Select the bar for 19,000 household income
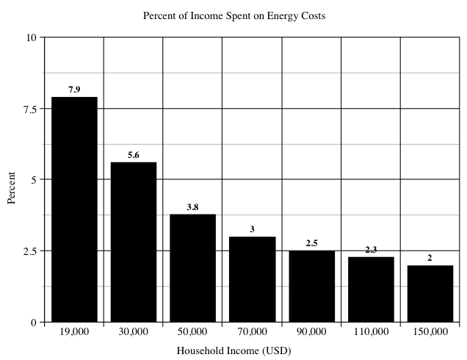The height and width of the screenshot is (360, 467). [74, 209]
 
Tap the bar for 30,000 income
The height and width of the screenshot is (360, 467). [134, 242]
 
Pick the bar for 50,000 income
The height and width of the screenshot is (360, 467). [192, 267]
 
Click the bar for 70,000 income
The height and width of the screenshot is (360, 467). [252, 279]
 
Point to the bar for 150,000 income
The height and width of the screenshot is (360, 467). [430, 293]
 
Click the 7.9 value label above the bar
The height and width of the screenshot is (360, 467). [74, 90]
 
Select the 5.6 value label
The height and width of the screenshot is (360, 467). [134, 155]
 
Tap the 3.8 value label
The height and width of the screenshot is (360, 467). [192, 207]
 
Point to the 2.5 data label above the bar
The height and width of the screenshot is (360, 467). [311, 243]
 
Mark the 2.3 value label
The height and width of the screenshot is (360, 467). [371, 250]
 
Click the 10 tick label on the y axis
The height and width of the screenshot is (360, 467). [32, 37]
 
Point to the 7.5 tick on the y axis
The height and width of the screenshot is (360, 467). [29, 109]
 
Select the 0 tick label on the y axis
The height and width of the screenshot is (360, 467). [34, 322]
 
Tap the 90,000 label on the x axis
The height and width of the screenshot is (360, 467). [311, 332]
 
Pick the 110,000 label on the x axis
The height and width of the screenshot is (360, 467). [371, 332]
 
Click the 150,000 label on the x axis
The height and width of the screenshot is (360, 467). [430, 332]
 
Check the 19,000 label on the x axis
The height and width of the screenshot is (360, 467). [74, 332]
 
